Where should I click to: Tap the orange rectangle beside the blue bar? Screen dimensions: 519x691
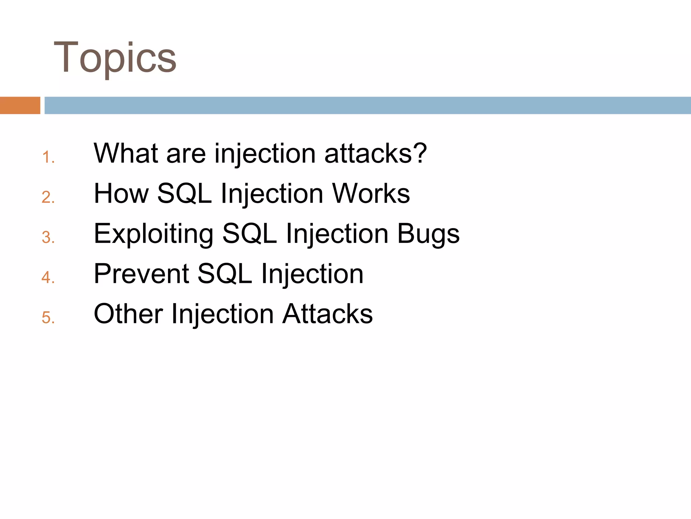(20, 105)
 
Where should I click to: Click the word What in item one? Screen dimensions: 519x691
(126, 153)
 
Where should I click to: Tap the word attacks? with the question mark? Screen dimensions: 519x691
(375, 153)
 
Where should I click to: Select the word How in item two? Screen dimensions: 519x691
(121, 193)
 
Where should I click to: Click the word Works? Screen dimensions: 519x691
(371, 193)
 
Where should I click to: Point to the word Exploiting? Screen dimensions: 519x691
(154, 234)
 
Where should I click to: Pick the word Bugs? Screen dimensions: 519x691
(428, 234)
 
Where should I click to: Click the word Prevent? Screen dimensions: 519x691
(141, 274)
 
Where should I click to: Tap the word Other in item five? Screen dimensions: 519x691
(128, 314)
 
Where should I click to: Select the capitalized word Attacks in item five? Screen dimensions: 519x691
(327, 314)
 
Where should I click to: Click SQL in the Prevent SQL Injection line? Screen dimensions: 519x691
(225, 274)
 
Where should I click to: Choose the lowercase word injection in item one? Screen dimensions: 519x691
(265, 154)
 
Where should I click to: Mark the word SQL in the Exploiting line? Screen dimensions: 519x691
(250, 234)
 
